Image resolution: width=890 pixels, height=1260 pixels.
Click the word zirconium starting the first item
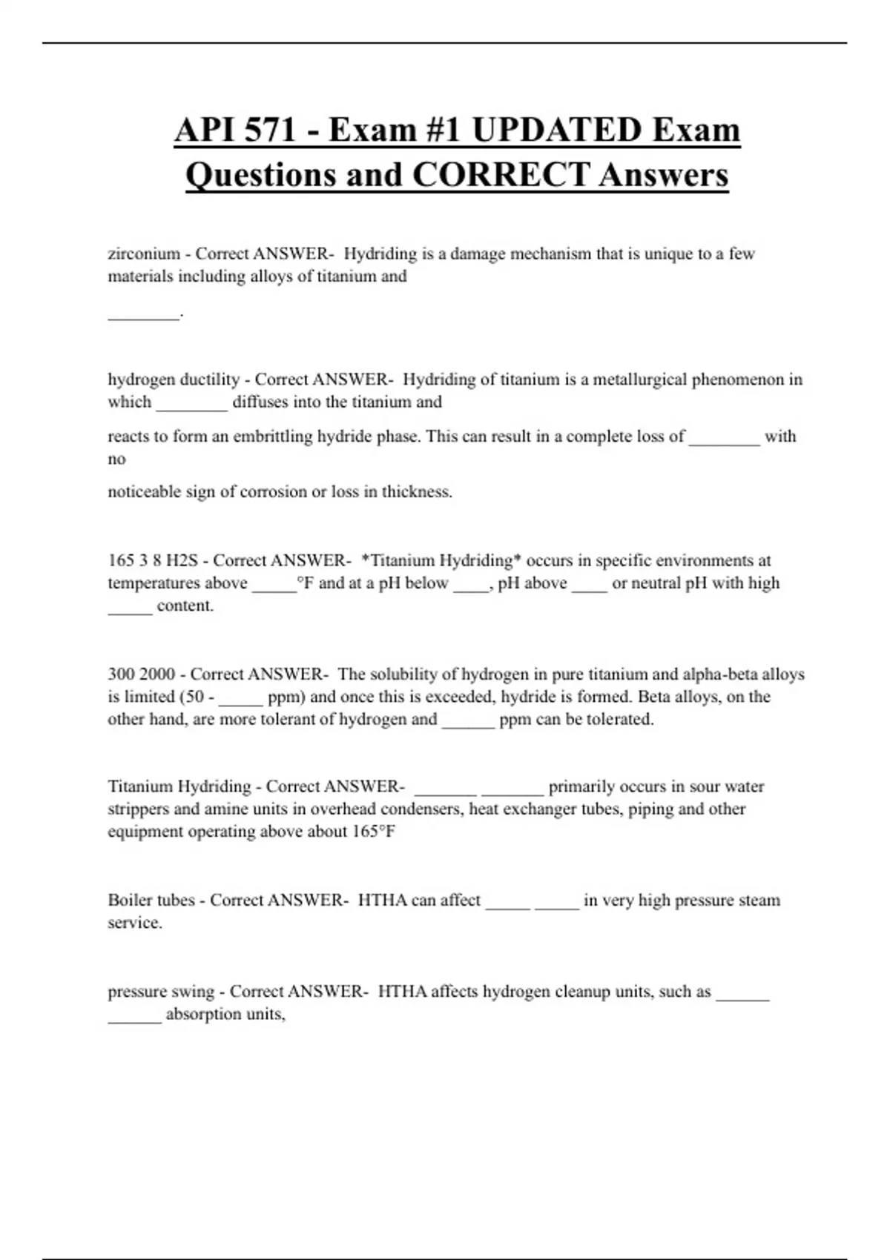click(x=144, y=254)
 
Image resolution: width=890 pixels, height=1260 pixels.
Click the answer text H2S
click(x=182, y=561)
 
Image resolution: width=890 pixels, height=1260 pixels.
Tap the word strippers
click(x=138, y=809)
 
